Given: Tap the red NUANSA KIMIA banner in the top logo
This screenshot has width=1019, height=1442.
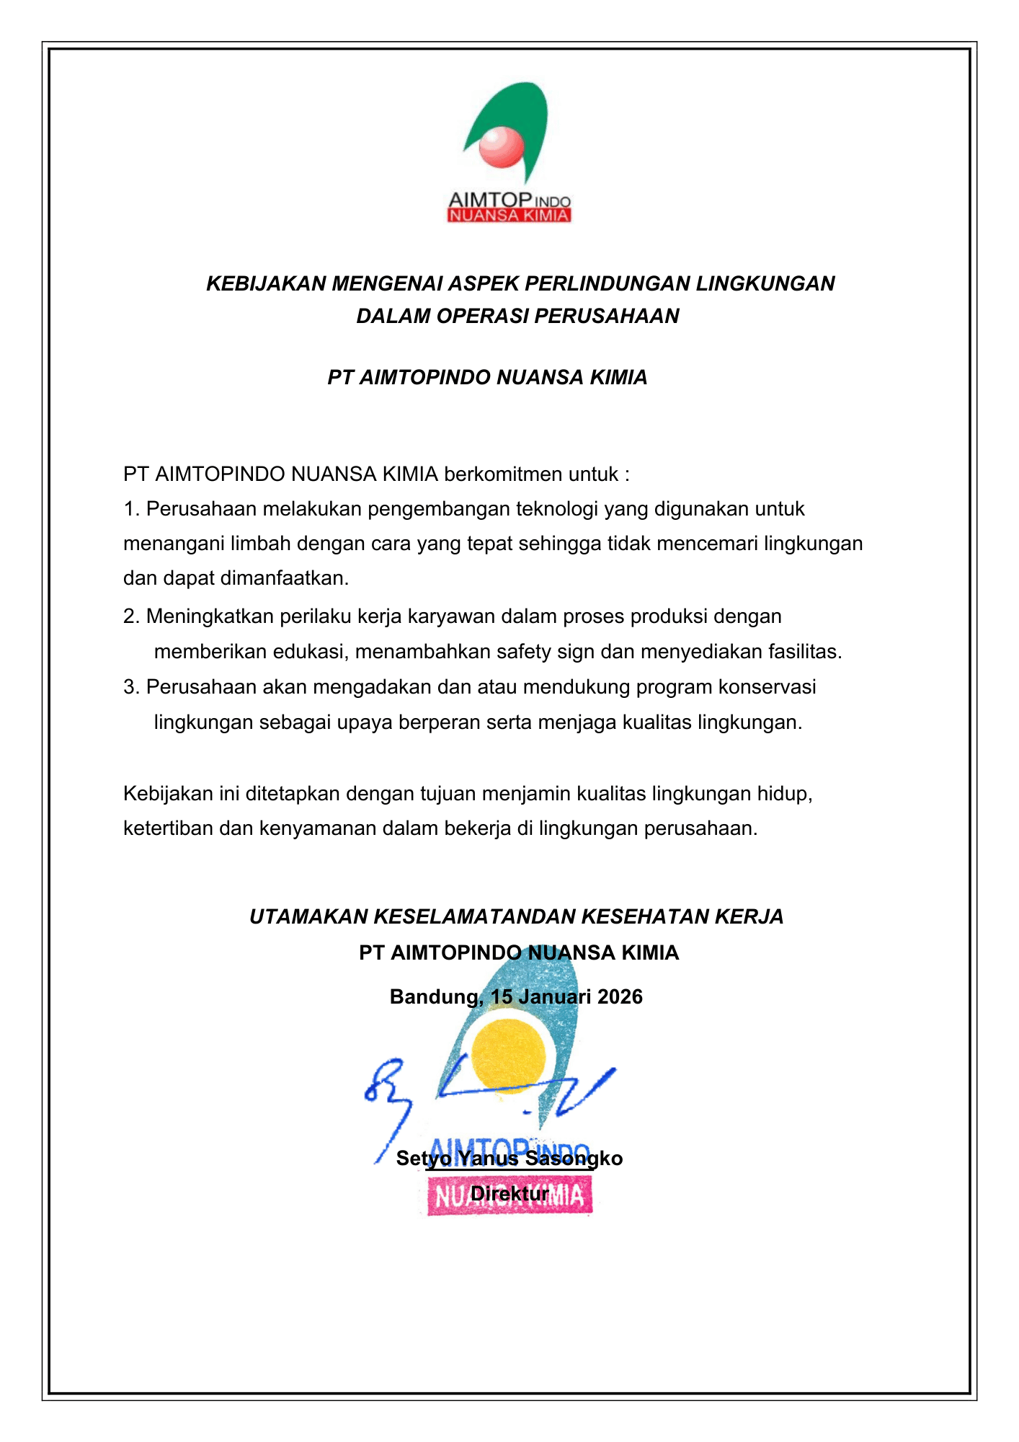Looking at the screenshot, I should [509, 216].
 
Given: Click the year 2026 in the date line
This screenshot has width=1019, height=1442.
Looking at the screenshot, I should [620, 997].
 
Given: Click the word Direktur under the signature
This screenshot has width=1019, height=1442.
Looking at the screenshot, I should [509, 1194].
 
